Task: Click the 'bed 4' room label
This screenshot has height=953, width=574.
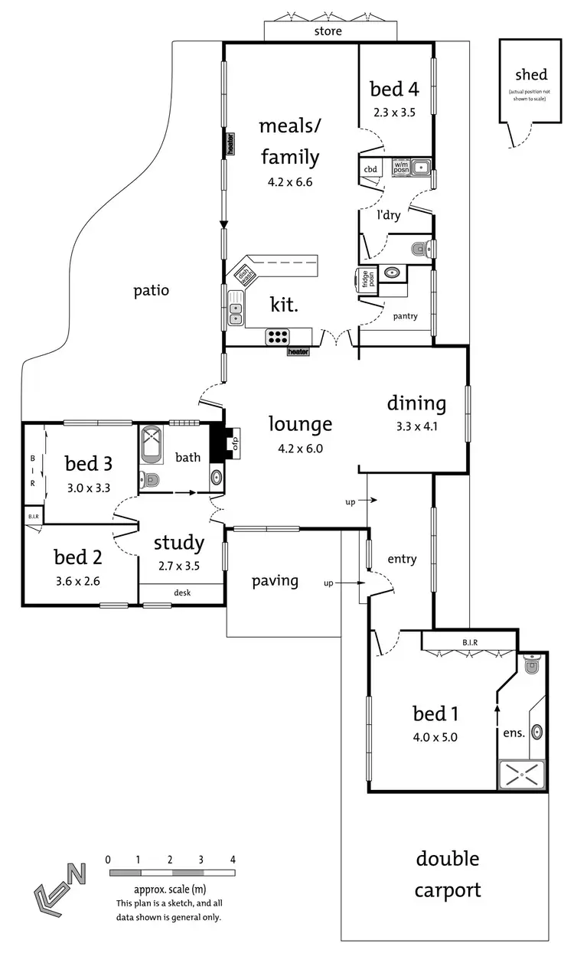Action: tap(394, 90)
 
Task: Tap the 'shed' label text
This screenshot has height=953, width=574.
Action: tap(530, 74)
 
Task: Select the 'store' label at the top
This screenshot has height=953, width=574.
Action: tap(328, 31)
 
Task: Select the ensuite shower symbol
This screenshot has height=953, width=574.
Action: tap(522, 775)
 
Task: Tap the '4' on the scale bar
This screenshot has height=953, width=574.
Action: tap(232, 859)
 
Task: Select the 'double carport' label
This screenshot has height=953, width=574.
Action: tap(448, 875)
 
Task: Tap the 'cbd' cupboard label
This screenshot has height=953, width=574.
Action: tap(370, 169)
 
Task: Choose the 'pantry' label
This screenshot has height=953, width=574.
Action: tap(405, 315)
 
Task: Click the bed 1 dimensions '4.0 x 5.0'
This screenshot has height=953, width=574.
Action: tap(435, 738)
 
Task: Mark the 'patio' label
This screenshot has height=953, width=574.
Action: tap(151, 290)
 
